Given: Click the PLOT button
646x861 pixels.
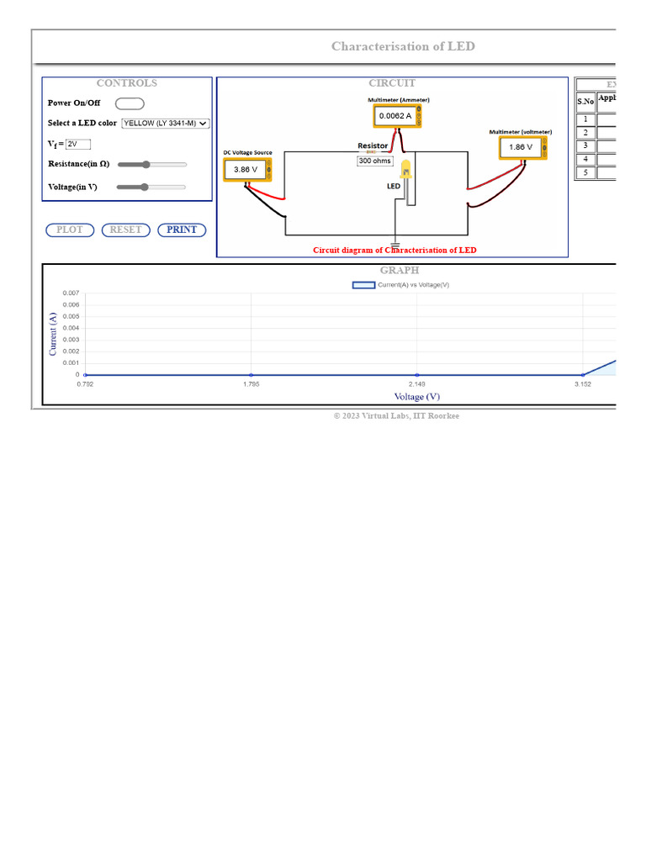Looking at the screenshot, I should pos(70,230).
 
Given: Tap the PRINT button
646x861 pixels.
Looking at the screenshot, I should pos(182,230).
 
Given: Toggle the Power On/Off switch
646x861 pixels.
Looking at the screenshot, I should pos(130,103).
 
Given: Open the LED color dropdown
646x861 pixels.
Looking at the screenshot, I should pos(166,123).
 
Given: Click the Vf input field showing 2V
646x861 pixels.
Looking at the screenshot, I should pos(77,144).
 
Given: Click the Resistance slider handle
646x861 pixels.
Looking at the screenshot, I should pos(146,165).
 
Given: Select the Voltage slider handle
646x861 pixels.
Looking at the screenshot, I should pos(145,187).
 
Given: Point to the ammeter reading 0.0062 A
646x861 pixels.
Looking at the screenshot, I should pos(395,115).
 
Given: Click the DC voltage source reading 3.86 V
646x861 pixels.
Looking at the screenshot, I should pos(246,169).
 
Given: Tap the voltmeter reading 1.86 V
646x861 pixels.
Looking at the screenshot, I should pos(521,147).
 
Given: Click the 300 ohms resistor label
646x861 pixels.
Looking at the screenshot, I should pos(375,161).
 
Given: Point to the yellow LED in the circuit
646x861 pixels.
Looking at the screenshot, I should pos(406,170).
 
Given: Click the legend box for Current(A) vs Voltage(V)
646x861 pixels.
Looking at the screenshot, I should pos(363,285).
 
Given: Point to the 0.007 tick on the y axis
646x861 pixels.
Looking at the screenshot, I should pos(71,293).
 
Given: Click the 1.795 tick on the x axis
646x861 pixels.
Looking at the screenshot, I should pos(251,384).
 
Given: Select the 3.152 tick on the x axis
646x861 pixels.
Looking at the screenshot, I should pos(583,384).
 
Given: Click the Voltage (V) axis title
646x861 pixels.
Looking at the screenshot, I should pos(417,396).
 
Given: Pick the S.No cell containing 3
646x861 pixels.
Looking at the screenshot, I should pos(585,145).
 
